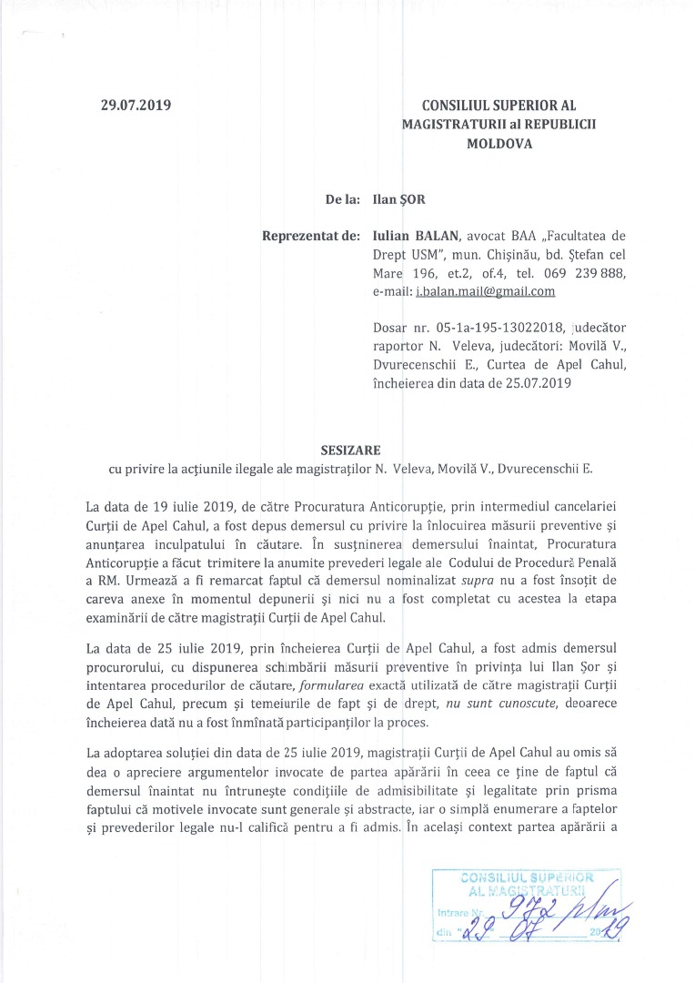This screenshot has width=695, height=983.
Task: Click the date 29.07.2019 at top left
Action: tap(136, 105)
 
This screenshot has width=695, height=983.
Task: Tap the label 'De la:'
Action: tap(342, 197)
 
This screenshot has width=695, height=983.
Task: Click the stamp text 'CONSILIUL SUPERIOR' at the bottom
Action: tap(527, 877)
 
